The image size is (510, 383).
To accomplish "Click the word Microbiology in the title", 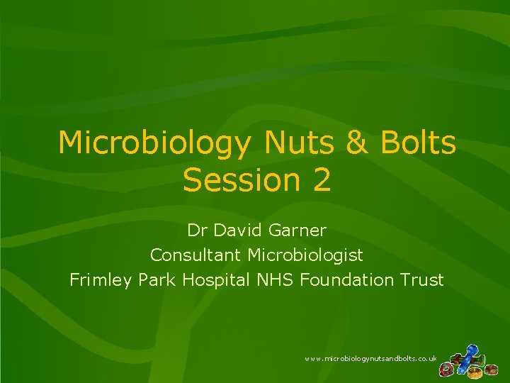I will (154, 143).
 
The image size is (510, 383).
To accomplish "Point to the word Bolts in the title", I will (419, 143).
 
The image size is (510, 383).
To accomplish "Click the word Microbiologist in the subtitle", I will (304, 255).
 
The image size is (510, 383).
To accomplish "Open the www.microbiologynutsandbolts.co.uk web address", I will (370, 360).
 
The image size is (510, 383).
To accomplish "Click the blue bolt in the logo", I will (470, 354).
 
